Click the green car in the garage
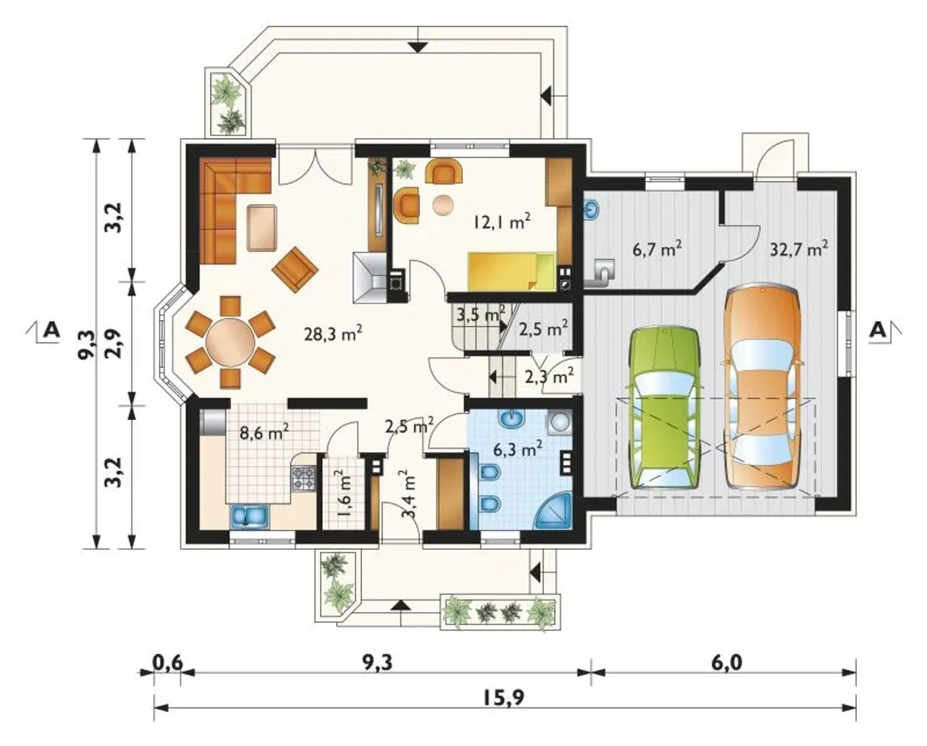(665, 408)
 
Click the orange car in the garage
(763, 387)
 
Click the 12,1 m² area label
(502, 222)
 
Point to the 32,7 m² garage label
(799, 248)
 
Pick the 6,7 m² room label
(657, 248)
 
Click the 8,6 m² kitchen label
(264, 432)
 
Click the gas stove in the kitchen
(305, 479)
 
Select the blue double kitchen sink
(249, 516)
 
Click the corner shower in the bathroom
(555, 513)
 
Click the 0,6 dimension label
(168, 663)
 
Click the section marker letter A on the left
(51, 331)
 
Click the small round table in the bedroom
(443, 205)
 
